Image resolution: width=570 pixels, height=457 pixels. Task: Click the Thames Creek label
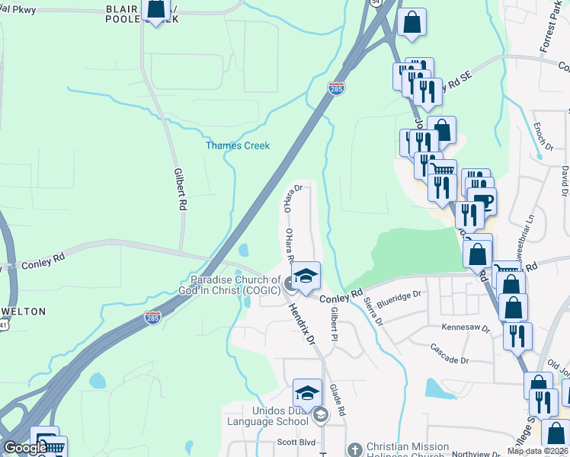click(238, 145)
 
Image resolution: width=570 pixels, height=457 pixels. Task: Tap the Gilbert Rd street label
click(180, 189)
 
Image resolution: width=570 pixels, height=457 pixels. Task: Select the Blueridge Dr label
click(398, 296)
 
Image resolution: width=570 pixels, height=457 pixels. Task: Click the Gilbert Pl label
click(334, 324)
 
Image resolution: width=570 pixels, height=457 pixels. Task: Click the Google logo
click(25, 448)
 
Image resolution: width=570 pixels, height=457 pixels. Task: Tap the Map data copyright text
click(538, 451)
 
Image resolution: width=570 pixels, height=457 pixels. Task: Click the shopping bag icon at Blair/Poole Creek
click(155, 9)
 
